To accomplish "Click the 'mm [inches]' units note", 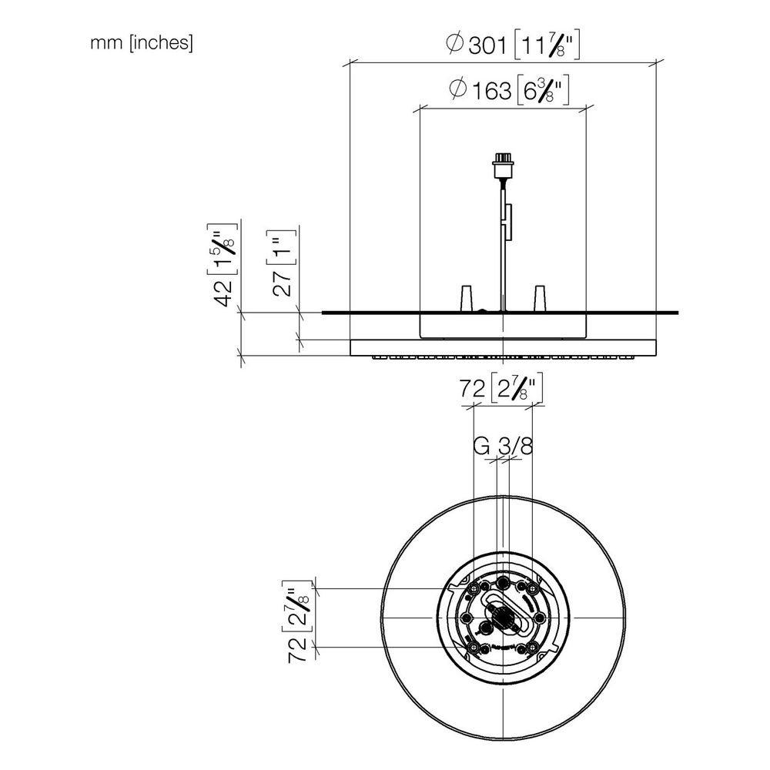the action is coord(142,43).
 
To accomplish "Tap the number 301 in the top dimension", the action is coord(487,46).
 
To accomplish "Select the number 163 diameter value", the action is coord(491,91).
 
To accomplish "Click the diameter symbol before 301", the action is coord(455,43).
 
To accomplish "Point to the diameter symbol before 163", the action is coord(457,89).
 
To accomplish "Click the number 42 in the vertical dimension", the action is coord(226,293).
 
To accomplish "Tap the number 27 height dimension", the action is coord(283,283).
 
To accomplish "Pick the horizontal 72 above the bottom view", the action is coord(473,389).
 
